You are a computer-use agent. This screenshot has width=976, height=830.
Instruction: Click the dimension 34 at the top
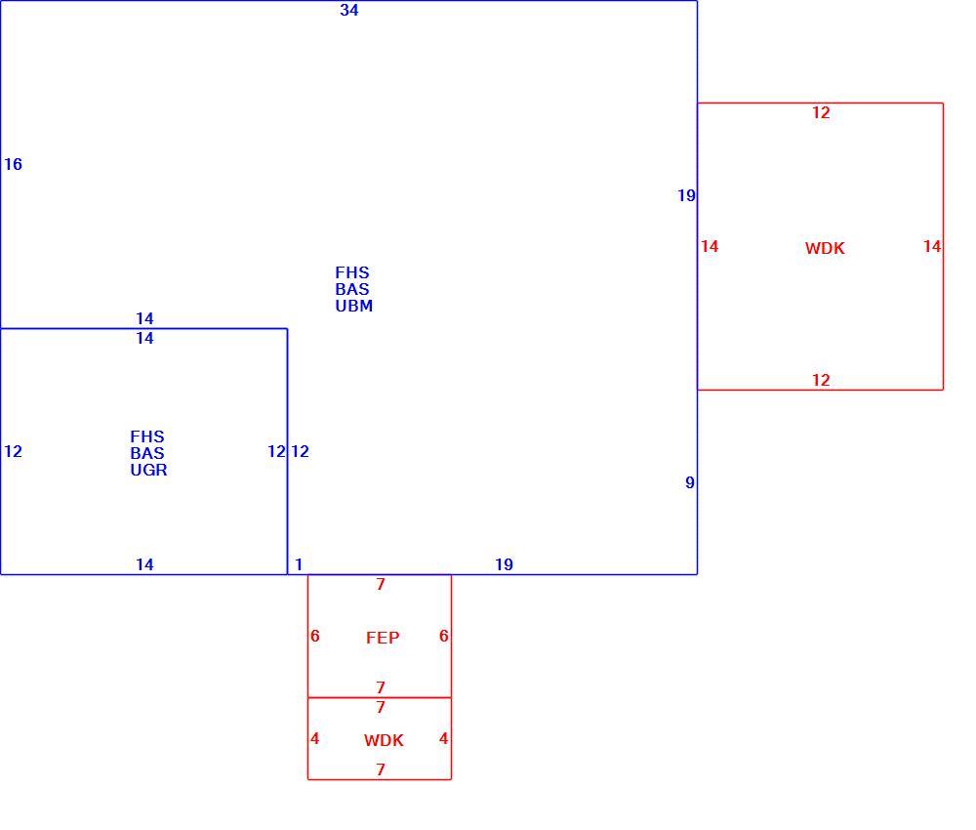[x=349, y=10]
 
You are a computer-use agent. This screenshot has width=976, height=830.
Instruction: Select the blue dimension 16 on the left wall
[x=13, y=164]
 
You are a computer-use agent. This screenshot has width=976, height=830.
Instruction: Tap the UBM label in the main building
[x=354, y=307]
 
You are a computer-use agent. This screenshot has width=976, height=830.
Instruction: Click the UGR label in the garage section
[x=148, y=470]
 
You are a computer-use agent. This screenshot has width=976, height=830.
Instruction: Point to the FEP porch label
[x=383, y=638]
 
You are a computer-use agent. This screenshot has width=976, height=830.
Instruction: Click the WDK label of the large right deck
[x=825, y=248]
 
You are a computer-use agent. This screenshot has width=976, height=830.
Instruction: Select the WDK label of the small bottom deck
[x=384, y=740]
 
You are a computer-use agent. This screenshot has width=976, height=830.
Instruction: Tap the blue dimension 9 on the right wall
[x=690, y=482]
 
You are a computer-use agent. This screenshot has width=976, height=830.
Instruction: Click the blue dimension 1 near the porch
[x=299, y=564]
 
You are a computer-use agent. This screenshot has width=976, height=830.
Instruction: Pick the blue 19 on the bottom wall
[x=505, y=564]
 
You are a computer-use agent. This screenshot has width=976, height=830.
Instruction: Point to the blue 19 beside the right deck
[x=686, y=196]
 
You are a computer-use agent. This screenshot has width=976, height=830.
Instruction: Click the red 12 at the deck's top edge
[x=821, y=112]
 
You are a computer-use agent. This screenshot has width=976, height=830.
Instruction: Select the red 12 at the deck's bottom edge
[x=821, y=381]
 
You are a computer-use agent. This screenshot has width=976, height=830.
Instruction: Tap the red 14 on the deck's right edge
[x=932, y=247]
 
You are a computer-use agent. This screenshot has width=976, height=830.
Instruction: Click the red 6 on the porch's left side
[x=315, y=636]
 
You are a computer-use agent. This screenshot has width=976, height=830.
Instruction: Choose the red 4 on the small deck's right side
[x=443, y=738]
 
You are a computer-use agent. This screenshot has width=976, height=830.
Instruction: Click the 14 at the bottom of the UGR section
[x=145, y=564]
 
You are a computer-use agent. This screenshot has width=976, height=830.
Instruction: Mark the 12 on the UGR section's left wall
[x=13, y=451]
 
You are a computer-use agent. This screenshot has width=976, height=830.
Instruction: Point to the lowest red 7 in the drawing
[x=381, y=770]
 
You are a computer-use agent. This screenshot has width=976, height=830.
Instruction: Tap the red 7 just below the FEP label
[x=381, y=688]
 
